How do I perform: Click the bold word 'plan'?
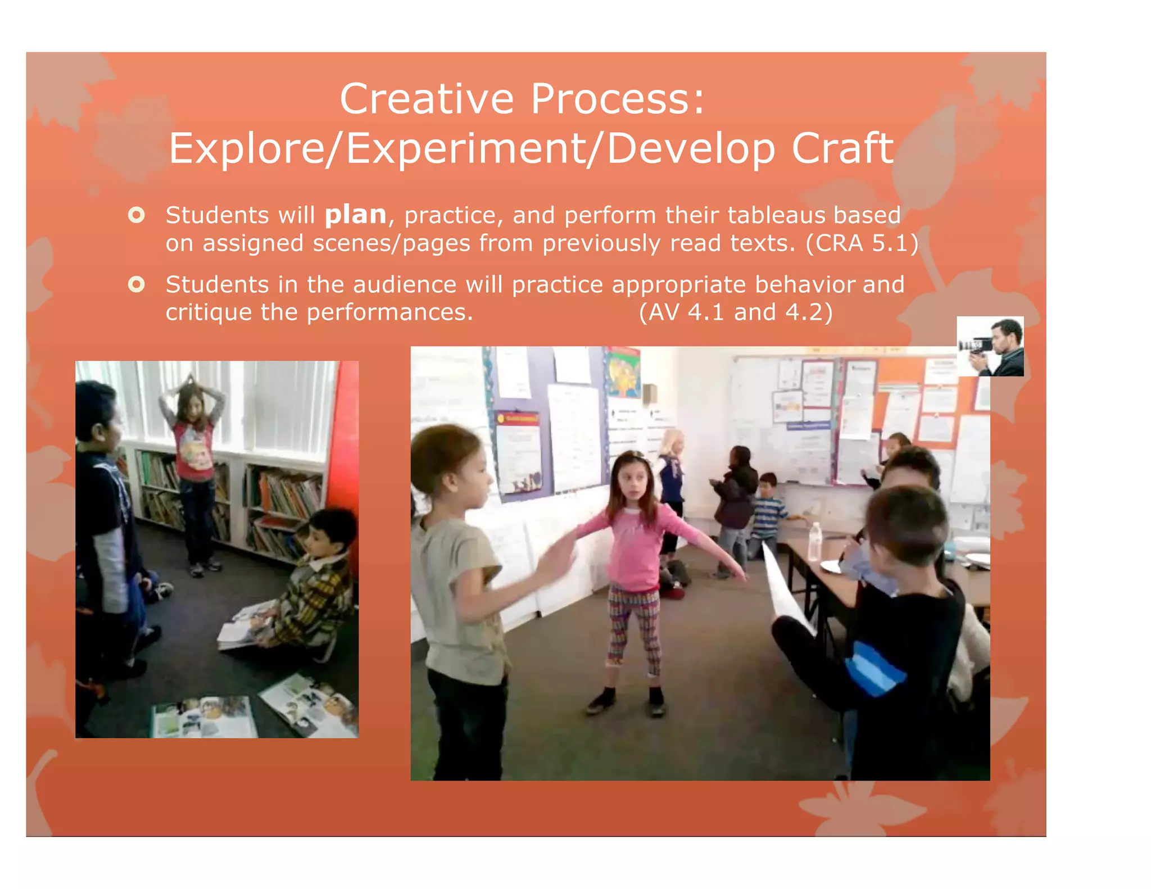(356, 215)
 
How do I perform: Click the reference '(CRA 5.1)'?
(862, 243)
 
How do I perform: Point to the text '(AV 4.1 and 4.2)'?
(735, 312)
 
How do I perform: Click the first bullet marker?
(136, 215)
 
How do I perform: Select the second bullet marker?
(136, 284)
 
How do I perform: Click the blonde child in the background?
(672, 461)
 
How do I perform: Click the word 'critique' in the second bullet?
(208, 312)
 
